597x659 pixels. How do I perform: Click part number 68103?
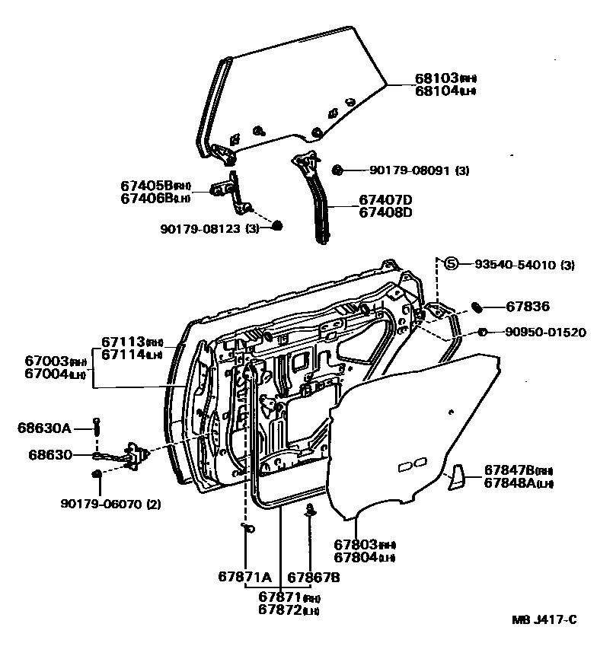click(436, 78)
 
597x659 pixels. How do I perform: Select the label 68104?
click(436, 90)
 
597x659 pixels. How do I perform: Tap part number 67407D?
click(385, 199)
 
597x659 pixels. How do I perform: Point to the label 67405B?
click(146, 186)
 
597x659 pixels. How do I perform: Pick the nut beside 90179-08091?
click(339, 168)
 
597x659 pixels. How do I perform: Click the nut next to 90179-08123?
click(277, 225)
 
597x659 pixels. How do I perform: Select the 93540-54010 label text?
click(511, 265)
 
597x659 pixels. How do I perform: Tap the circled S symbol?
click(451, 264)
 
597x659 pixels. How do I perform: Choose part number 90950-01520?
click(542, 332)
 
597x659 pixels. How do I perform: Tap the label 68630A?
click(43, 428)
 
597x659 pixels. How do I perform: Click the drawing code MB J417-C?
click(543, 621)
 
